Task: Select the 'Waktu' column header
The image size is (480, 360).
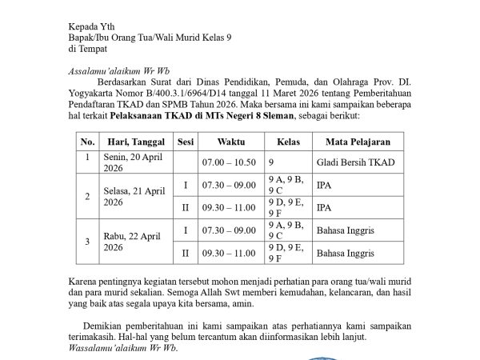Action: [x=230, y=142]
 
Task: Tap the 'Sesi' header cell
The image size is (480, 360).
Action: [x=185, y=142]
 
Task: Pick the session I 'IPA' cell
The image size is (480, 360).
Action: [x=323, y=186]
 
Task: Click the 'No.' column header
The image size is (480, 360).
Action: [x=87, y=142]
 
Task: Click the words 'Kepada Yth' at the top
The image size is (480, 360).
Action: [x=90, y=25]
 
